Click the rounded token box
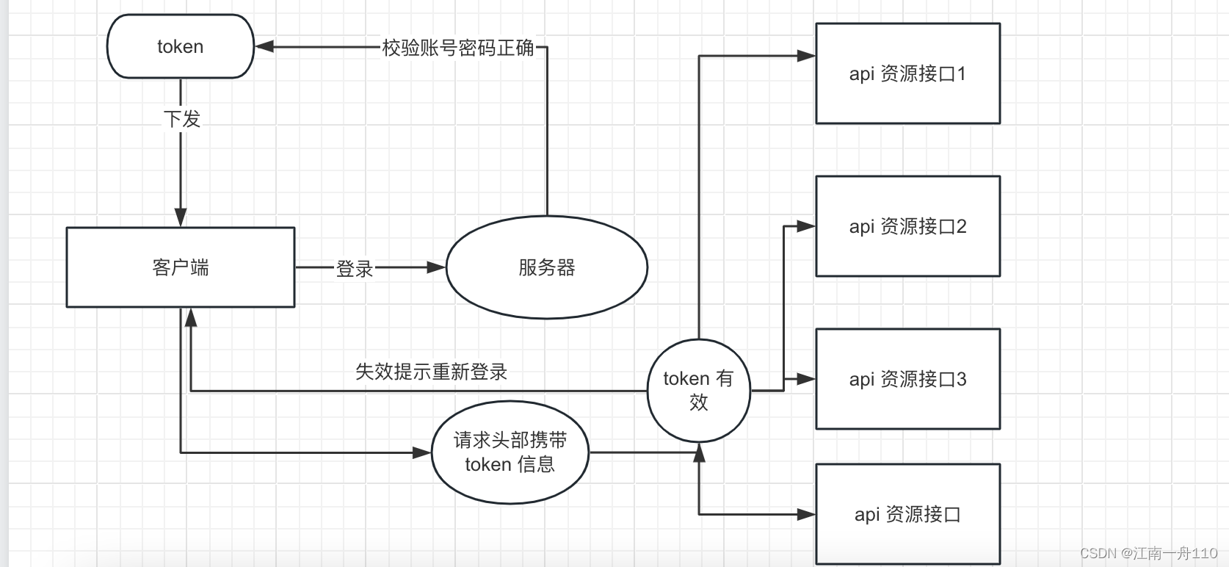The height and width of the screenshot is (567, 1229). click(180, 46)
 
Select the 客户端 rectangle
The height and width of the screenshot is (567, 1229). click(180, 267)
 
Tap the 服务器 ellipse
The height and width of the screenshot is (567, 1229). click(546, 267)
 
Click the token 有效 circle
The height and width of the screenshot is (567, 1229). click(698, 390)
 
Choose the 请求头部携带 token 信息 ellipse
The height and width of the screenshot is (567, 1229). click(510, 452)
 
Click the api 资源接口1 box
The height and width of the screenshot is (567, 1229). click(907, 73)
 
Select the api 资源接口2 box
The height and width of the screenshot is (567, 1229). click(907, 226)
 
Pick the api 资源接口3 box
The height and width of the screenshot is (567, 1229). click(907, 379)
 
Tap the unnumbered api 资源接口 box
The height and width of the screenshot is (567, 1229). click(907, 514)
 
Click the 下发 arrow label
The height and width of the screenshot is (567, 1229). click(181, 118)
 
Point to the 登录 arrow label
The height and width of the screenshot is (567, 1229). click(355, 269)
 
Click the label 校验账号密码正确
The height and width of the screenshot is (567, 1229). click(458, 48)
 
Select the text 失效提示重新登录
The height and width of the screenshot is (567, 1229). click(431, 372)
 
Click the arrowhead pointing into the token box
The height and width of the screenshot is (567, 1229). click(264, 47)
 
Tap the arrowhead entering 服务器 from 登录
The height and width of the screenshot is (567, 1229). click(437, 267)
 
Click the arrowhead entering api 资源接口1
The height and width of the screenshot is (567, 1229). click(806, 56)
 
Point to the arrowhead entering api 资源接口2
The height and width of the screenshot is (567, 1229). click(806, 226)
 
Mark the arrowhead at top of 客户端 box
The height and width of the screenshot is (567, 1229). click(181, 217)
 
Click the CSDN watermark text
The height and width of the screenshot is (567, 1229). click(1148, 553)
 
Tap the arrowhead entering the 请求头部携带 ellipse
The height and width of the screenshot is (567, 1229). click(422, 453)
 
